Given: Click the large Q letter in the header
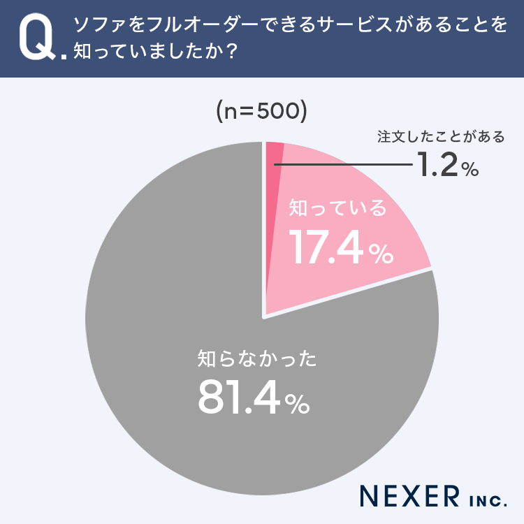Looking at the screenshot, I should click(36, 39).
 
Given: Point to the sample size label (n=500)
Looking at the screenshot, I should click(261, 112).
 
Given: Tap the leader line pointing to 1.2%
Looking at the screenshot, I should click(342, 165).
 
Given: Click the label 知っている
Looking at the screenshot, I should click(337, 208).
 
